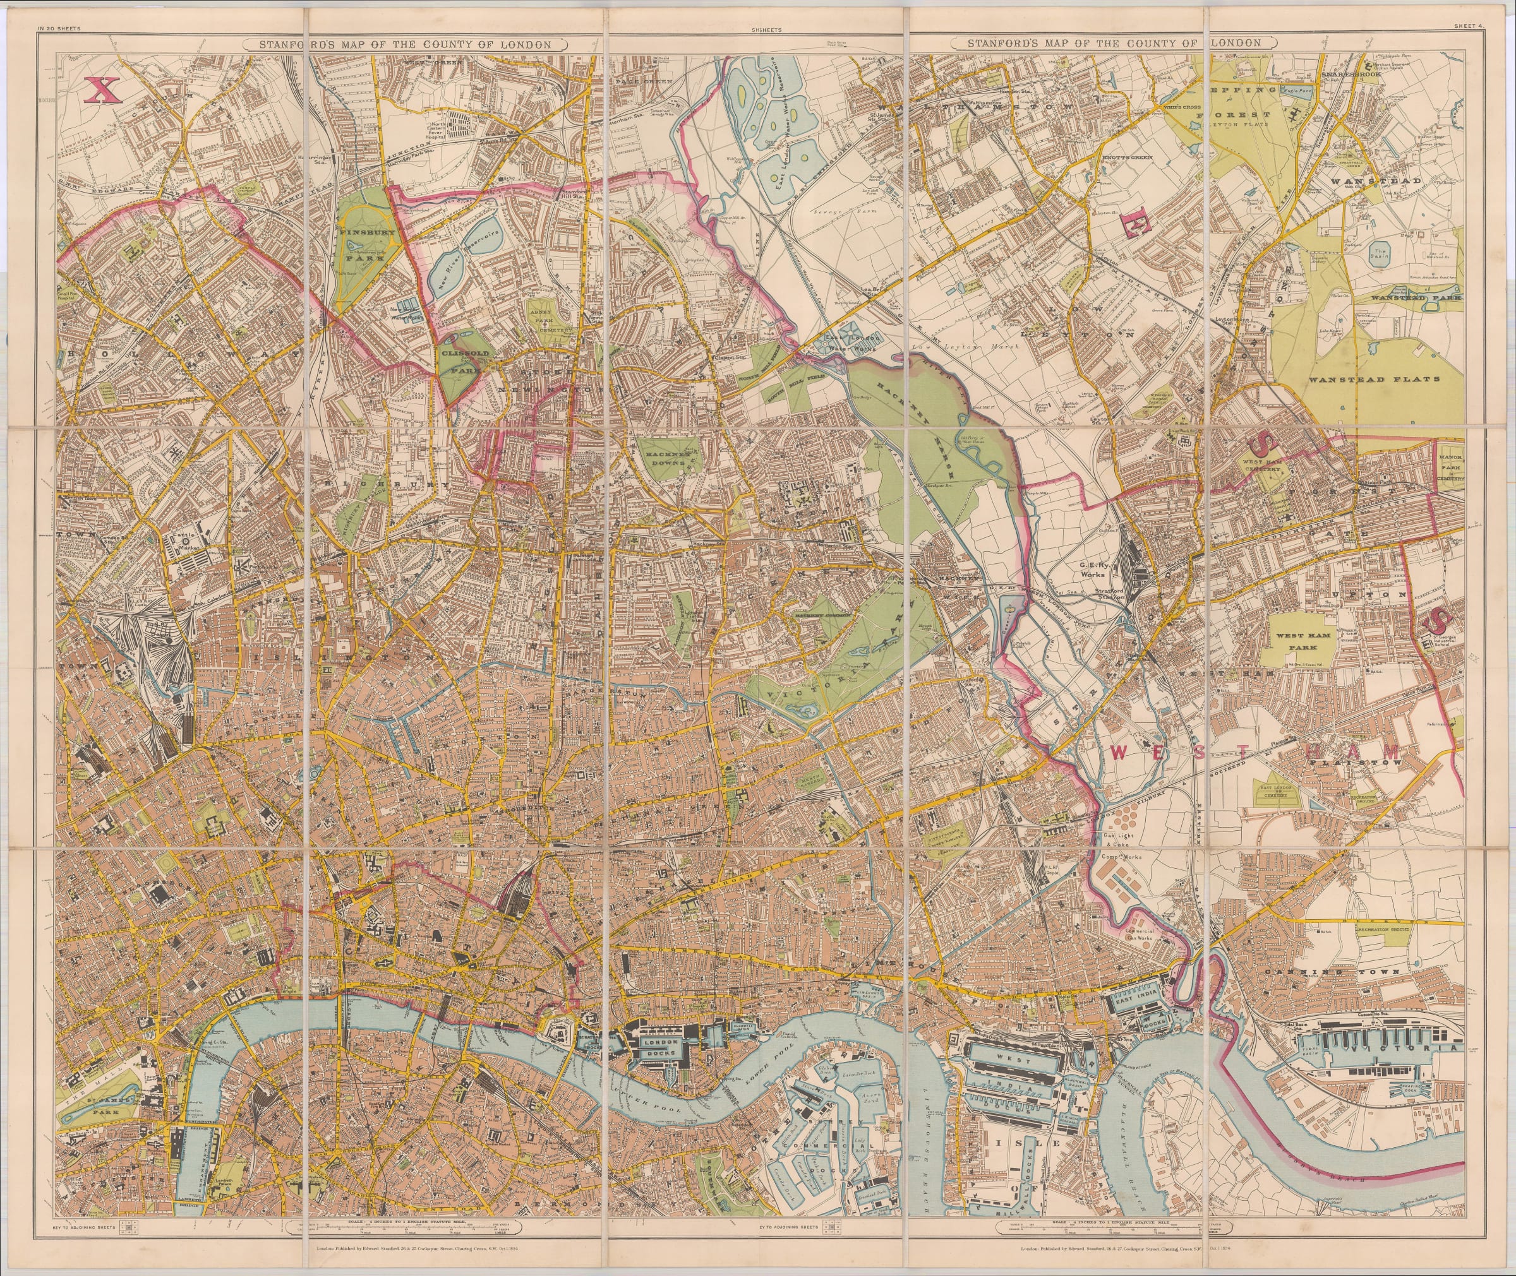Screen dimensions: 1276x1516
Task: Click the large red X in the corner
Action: pos(101,90)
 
